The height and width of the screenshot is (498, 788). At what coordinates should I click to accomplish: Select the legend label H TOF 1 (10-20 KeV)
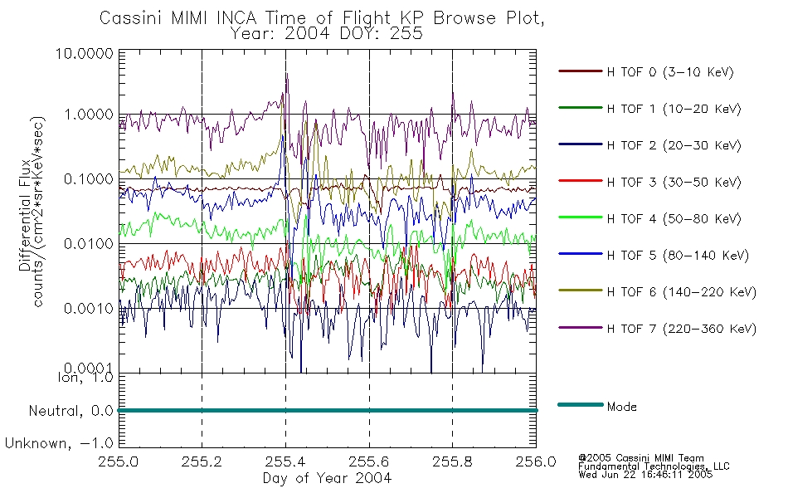[x=674, y=109]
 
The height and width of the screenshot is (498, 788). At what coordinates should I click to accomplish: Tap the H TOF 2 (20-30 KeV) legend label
[x=674, y=145]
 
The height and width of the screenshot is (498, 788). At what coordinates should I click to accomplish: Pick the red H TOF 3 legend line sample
[x=581, y=181]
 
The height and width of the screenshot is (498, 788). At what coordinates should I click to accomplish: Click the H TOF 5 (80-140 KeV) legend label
[x=678, y=256]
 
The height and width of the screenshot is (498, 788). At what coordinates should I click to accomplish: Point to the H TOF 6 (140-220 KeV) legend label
[x=682, y=292]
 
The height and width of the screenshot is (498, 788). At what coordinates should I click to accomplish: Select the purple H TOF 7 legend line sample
[x=581, y=328]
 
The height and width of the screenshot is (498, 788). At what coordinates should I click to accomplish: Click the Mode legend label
[x=621, y=407]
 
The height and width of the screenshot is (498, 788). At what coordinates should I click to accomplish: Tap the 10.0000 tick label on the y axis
[x=85, y=53]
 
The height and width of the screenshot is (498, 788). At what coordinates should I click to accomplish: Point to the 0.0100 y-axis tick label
[x=89, y=244]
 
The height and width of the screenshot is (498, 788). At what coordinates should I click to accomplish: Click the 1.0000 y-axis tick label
[x=89, y=115]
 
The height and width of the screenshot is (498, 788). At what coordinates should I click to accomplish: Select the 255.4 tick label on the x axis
[x=285, y=461]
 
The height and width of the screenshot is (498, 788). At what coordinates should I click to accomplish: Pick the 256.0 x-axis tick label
[x=536, y=461]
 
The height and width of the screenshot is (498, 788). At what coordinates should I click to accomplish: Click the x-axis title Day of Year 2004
[x=327, y=478]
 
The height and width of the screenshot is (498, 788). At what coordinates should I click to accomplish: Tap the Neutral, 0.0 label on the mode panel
[x=71, y=412]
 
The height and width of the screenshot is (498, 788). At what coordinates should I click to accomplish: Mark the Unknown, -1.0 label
[x=59, y=443]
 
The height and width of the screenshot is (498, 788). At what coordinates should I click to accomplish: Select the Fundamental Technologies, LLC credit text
[x=654, y=466]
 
